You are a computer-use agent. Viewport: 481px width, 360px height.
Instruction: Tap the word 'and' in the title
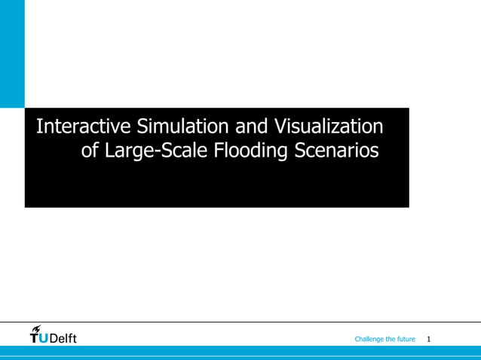(252, 126)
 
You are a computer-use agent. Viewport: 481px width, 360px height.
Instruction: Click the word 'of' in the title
(90, 151)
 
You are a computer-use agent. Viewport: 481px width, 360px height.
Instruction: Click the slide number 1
(429, 340)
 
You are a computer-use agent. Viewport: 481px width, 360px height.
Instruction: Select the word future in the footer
(406, 340)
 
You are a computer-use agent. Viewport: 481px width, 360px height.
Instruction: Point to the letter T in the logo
(35, 338)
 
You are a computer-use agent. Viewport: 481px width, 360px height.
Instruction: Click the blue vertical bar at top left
(12, 53)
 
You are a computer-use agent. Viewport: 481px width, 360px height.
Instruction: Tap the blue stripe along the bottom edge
(240, 352)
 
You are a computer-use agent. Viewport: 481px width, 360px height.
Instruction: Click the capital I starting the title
(38, 126)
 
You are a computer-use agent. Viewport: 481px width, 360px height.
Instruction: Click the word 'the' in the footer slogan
(389, 340)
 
